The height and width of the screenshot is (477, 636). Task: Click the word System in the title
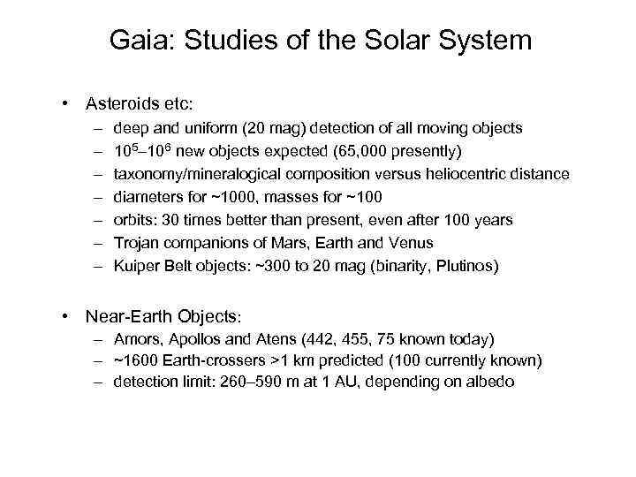[485, 41]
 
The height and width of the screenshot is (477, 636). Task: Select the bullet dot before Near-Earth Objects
[67, 315]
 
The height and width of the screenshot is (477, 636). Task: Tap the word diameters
[146, 196]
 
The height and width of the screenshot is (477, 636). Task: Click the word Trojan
[135, 242]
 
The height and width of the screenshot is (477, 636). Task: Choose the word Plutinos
[466, 265]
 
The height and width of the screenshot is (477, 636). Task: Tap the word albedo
[489, 382]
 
